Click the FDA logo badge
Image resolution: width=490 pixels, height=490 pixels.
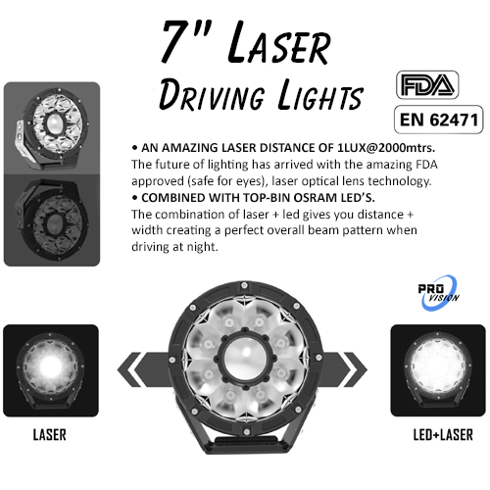(427, 85)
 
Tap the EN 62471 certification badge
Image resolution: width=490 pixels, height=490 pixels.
(439, 120)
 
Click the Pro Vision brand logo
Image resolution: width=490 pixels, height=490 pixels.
(438, 292)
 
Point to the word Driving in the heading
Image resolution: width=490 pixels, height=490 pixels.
(212, 95)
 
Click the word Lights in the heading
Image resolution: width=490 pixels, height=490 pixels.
(320, 95)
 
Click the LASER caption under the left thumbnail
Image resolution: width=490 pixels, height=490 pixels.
(50, 435)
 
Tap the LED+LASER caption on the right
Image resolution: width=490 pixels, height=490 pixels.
(443, 435)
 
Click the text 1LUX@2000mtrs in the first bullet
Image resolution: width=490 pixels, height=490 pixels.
(386, 148)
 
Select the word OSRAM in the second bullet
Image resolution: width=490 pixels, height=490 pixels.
(315, 198)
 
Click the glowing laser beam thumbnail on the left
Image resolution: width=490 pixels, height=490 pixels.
(51, 370)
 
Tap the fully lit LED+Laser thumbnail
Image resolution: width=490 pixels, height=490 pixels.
(438, 370)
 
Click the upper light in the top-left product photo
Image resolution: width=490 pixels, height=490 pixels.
(52, 127)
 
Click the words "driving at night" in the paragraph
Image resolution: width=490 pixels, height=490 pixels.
(174, 247)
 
